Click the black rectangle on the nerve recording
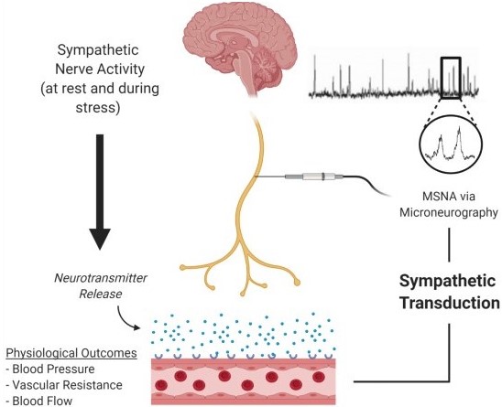point(451,78)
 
